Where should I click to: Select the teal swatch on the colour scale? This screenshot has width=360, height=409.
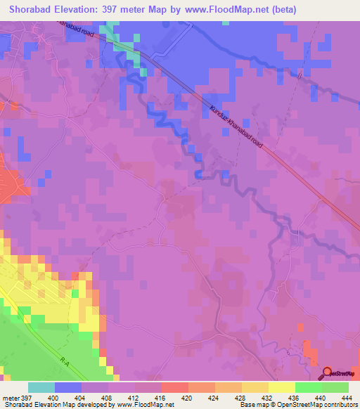pos(41,388)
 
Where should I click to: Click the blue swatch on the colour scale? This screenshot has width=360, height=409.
pos(68,388)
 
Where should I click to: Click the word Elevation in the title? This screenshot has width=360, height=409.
pos(82,9)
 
